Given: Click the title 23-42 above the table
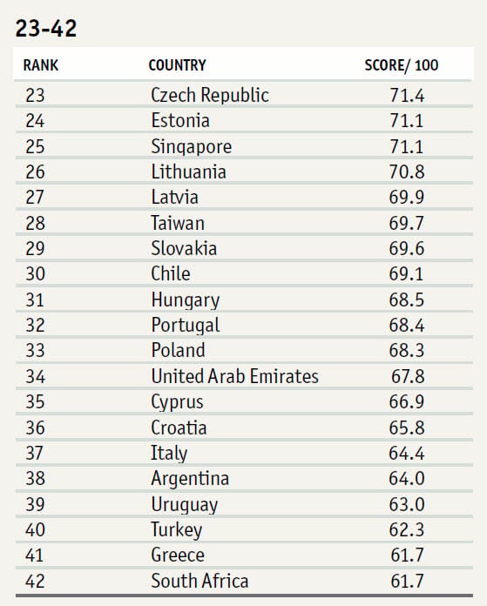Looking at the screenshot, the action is pos(46,29).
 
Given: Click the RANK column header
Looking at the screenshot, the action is pos(41,65).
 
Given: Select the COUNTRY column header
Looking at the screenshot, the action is pos(177,65).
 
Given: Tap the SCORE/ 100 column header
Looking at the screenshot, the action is pos(402,65).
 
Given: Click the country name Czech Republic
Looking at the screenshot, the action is pos(210,96).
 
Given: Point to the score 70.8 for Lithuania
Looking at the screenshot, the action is pos(407,172).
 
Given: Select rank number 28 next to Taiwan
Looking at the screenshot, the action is pos(35,224).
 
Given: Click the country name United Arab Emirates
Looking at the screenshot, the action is pos(235,376).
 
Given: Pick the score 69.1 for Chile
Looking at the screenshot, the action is pos(407,274).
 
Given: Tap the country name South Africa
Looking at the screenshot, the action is pos(200,582).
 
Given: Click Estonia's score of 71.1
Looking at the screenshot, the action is pos(407,121).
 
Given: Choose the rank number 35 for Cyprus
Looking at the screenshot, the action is pos(35,402).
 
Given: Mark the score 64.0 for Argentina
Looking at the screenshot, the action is pos(407,479).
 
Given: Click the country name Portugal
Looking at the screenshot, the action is pos(186,326).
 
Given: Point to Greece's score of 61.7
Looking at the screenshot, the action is pos(408,555).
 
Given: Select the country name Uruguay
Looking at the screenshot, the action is pos(185,505).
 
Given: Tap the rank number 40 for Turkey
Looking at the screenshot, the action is pos(35,530).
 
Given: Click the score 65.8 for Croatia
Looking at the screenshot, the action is pos(407,428).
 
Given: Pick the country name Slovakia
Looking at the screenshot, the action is pos(184,248).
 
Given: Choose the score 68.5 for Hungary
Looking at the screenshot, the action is pos(407,300).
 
